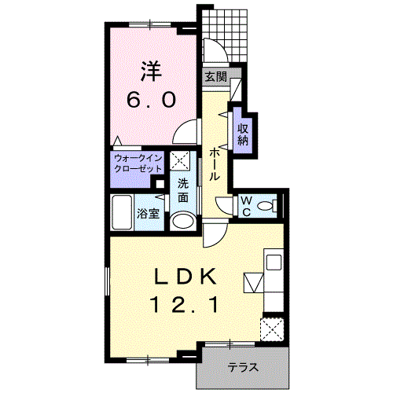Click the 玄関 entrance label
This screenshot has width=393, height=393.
point(215,77)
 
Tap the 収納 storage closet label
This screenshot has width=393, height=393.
point(243,134)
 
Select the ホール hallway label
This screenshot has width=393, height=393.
point(215,164)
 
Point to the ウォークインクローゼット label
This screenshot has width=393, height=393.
point(138,163)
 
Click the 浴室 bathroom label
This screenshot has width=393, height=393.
point(149,214)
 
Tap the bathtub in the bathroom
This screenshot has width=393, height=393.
point(122,212)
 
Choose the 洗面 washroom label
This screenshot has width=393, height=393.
point(183,190)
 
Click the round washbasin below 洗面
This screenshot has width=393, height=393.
point(183,221)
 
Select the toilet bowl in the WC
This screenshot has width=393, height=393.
point(265,206)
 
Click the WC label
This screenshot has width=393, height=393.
point(246,207)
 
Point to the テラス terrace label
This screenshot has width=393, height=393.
point(243,367)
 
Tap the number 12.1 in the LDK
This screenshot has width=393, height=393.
point(185,305)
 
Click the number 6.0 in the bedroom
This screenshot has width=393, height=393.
point(151,100)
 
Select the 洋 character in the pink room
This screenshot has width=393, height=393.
point(152,72)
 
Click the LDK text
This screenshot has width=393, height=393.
point(185,277)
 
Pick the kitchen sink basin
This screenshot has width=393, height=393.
point(274,262)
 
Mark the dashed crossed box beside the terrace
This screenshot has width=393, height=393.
point(272,329)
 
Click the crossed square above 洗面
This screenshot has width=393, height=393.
point(180,160)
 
